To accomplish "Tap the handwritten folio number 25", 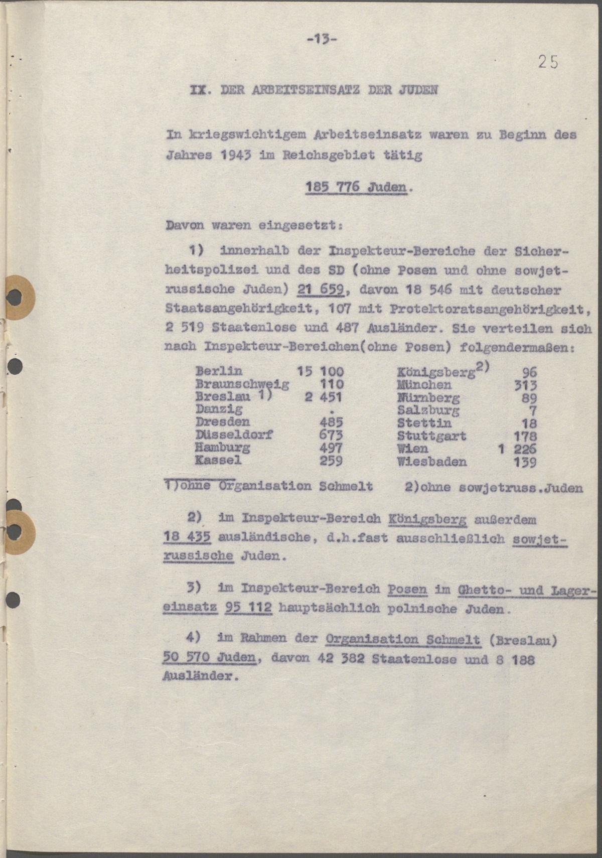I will pyautogui.click(x=548, y=62).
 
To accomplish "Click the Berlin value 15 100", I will pyautogui.click(x=320, y=372).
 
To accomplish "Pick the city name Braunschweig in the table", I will pyautogui.click(x=242, y=384).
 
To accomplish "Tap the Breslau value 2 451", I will pyautogui.click(x=323, y=397).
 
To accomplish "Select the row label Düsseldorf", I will pyautogui.click(x=234, y=435).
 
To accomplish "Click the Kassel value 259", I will pyautogui.click(x=331, y=460).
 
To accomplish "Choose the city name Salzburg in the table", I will pyautogui.click(x=428, y=410).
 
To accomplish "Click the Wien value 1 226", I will pyautogui.click(x=517, y=449).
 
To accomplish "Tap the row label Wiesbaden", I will pyautogui.click(x=431, y=462).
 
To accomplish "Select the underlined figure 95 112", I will pyautogui.click(x=249, y=608).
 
